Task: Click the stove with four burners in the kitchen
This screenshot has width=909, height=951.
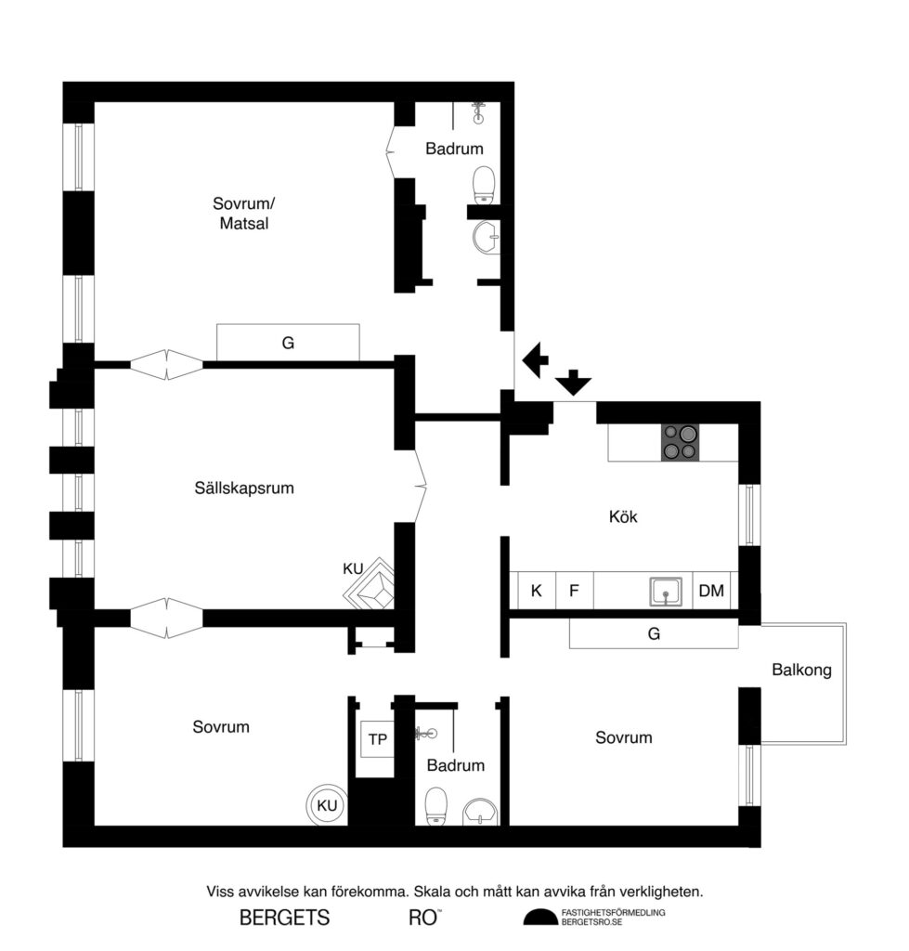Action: coord(681,442)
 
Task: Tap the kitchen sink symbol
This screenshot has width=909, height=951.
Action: coord(666,591)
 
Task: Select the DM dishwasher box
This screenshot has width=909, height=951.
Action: coord(711,591)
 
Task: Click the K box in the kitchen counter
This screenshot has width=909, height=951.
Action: coord(536,591)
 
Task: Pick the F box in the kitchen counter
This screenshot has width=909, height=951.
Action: coord(574,591)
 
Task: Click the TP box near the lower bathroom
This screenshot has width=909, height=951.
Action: coord(378,739)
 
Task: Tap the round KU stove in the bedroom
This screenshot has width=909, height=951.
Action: coord(327,805)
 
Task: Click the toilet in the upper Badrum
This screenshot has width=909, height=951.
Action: coord(484,185)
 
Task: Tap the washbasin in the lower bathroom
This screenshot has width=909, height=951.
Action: coord(480,811)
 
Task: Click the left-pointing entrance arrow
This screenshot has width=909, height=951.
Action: coord(535,360)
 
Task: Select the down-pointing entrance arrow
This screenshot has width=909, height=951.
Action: coord(574,381)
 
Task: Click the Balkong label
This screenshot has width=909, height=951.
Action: coord(801,670)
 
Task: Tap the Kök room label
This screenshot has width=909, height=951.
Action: coord(623,517)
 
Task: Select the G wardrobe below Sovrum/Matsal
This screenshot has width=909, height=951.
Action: coord(288,343)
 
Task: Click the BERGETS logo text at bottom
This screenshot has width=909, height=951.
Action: coord(284,918)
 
